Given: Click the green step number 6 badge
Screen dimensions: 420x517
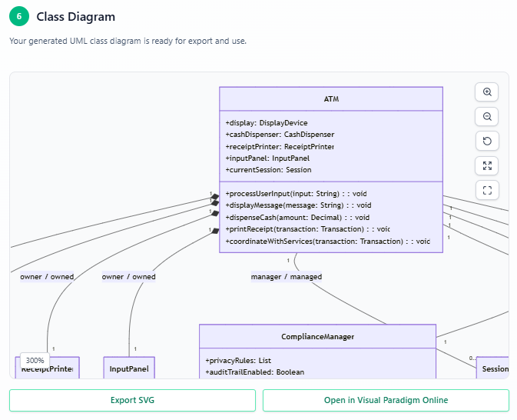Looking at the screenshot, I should tap(19, 17).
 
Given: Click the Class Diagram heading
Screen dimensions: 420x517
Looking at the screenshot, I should tap(75, 17).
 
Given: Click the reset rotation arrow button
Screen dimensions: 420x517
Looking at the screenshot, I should tap(486, 141).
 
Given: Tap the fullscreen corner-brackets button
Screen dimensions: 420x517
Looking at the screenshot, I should tap(486, 190).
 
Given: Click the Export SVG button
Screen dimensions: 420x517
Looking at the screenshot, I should tap(132, 400).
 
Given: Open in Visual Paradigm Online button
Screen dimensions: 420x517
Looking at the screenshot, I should tap(386, 400).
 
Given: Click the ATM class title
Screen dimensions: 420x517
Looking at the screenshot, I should tap(331, 99).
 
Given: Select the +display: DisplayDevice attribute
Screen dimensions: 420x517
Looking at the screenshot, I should tap(266, 122).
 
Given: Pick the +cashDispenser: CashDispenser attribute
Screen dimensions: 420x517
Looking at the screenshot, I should tap(280, 134).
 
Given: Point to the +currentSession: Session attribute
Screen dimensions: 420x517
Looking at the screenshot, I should tap(268, 169).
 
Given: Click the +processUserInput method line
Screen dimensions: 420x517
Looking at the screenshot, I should tap(296, 194).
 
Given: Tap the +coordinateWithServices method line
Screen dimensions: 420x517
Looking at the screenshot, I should tap(327, 241).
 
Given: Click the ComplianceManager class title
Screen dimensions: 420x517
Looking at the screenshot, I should tap(317, 337).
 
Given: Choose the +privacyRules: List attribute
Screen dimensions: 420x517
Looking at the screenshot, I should tap(237, 360).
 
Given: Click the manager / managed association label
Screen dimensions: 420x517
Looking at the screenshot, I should tap(286, 276).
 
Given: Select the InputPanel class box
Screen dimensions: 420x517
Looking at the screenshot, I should tap(129, 368).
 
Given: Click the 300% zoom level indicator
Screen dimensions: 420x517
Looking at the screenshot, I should tap(35, 360).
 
